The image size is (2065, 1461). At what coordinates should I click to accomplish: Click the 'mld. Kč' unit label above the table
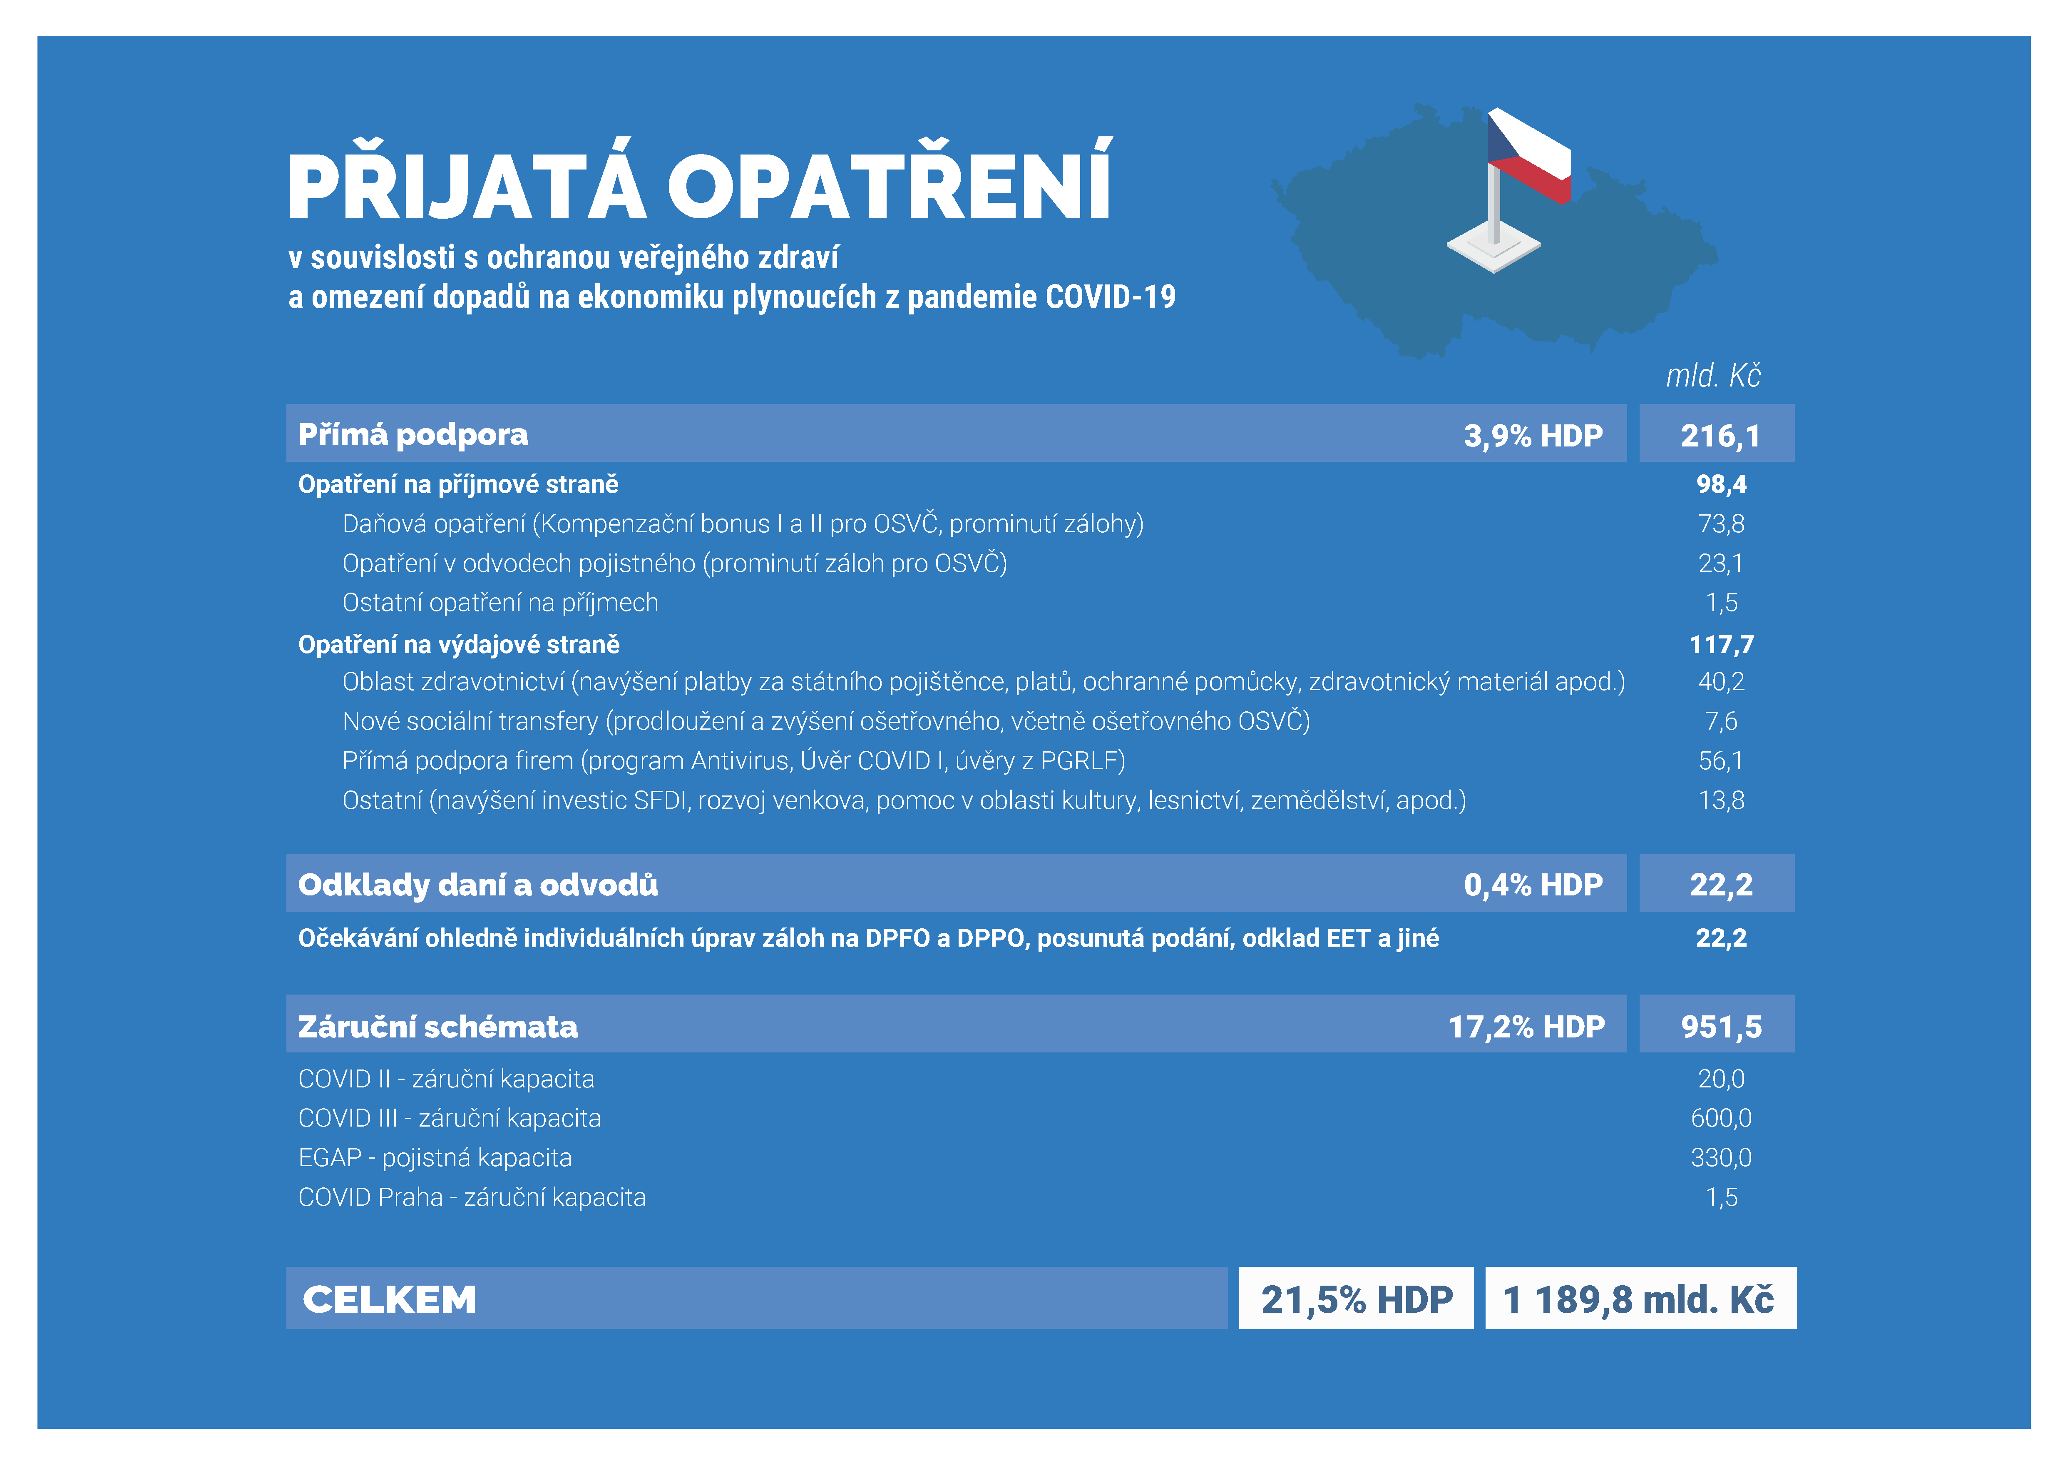point(1712,376)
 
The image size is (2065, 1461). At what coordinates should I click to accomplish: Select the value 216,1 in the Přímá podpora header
point(1720,435)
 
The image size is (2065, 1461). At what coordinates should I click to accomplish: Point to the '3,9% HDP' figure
point(1533,435)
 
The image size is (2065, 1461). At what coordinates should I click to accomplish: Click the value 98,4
point(1720,484)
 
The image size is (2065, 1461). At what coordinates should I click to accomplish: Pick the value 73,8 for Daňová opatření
point(1720,524)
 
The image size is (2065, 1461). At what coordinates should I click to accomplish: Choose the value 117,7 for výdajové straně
point(1720,644)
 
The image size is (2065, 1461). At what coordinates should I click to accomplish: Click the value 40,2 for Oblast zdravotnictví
point(1720,682)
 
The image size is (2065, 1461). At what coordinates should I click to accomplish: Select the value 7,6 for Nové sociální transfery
point(1720,721)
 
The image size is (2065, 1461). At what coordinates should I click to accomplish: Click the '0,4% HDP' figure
point(1533,884)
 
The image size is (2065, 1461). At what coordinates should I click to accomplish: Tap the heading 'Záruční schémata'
point(438,1027)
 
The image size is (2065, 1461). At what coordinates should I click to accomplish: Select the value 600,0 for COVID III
point(1720,1118)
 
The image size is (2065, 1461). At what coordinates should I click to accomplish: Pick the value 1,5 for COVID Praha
point(1720,1197)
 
